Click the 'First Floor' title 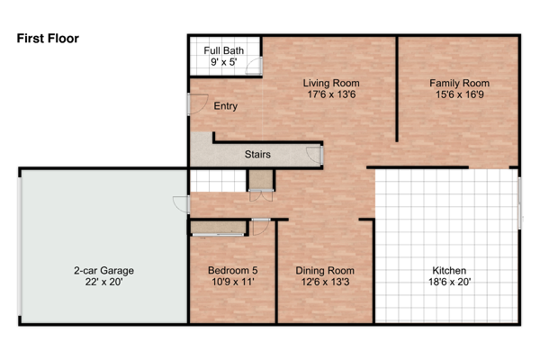pos(48,39)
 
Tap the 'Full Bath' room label pos(222,50)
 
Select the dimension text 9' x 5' pos(222,62)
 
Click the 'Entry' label pos(226,106)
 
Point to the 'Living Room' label pos(332,83)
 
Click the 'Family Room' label pos(459,83)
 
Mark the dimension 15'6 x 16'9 pos(459,94)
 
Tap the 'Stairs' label pos(258,155)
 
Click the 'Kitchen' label pos(448,270)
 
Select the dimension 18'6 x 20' pos(448,282)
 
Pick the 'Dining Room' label pos(325,270)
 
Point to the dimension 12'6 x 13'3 pos(325,282)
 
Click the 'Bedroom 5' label pos(232,270)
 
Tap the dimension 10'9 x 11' pos(232,282)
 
